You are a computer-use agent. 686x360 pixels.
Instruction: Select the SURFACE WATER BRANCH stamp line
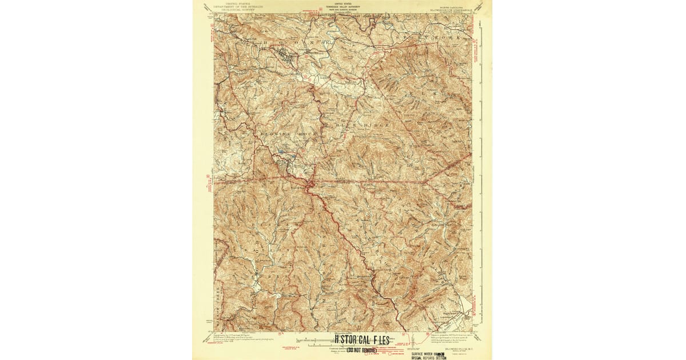(x=428, y=354)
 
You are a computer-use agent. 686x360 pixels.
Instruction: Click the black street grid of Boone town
(x=286, y=55)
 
